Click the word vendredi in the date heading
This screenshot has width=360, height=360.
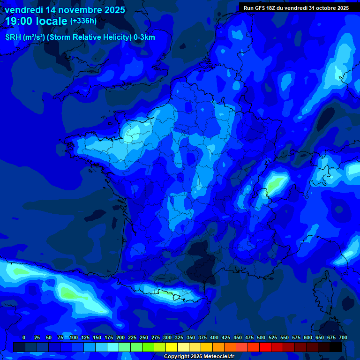coord(24,10)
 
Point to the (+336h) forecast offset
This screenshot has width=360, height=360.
coord(83,21)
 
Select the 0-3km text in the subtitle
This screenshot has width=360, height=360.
coord(144,37)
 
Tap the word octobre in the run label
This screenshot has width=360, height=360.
coord(323,8)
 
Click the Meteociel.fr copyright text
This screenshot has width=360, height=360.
coord(199,356)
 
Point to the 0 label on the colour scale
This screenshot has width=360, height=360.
coord(24,338)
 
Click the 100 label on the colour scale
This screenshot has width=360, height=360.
coord(74,338)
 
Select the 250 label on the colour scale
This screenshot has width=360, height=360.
coord(144,338)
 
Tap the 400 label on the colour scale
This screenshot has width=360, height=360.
coord(214,338)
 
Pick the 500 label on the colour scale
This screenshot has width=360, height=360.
coord(261,338)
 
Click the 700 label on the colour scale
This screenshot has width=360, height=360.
coord(343,338)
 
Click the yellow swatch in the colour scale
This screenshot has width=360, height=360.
coord(172,347)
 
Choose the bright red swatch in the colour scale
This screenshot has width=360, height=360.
coord(265,347)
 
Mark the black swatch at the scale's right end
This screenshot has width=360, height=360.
coord(336,347)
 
